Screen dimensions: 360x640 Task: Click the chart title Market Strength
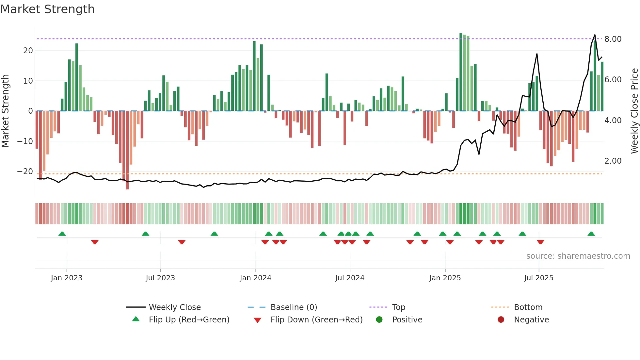[x=47, y=9]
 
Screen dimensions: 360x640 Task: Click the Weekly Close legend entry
[x=174, y=307]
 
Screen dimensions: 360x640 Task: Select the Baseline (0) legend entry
[x=294, y=307]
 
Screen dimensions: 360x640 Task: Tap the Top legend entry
[x=398, y=307]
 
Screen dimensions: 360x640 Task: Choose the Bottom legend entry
[x=528, y=307]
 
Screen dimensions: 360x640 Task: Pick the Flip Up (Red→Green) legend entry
[x=189, y=319]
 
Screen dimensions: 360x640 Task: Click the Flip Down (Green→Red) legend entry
[x=316, y=319]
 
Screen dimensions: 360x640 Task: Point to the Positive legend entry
[x=407, y=319]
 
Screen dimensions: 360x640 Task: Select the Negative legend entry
[x=531, y=319]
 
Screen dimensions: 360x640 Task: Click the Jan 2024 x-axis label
[x=255, y=278]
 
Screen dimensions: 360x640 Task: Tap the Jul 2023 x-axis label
[x=160, y=278]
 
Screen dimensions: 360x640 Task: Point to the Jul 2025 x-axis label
[x=539, y=278]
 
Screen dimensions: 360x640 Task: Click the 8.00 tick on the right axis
[x=613, y=39]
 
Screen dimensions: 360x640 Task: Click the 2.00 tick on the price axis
[x=613, y=161]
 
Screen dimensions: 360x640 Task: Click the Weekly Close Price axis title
[x=634, y=111]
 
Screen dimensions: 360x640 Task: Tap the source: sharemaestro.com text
[x=578, y=256]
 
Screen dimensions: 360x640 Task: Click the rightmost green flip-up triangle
[x=591, y=234]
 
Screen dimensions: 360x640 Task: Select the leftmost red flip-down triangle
[x=95, y=242]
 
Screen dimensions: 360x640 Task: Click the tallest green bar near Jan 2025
[x=461, y=72]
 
